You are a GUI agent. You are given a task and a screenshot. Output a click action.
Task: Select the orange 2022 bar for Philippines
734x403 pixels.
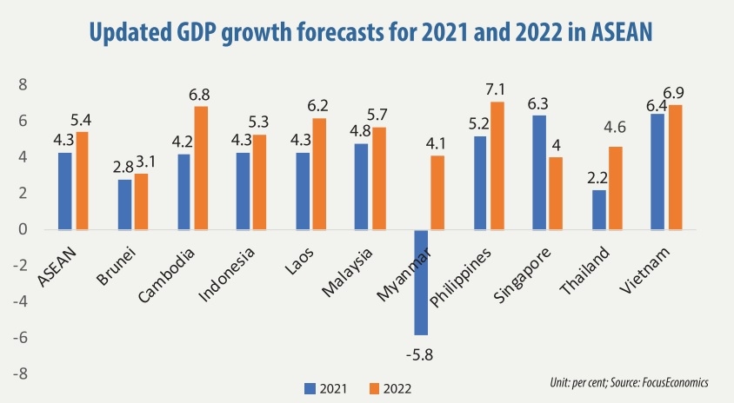[x=497, y=165]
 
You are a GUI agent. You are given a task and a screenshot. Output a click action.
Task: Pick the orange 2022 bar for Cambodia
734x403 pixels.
[x=201, y=168]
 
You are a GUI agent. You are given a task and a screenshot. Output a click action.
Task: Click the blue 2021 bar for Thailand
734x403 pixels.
[x=598, y=209]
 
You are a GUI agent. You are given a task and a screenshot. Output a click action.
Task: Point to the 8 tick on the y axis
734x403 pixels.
[x=23, y=85]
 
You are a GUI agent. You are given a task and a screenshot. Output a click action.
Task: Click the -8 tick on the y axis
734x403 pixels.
[x=19, y=373]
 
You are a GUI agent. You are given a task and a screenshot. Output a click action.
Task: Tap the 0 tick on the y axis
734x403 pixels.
[x=23, y=229]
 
